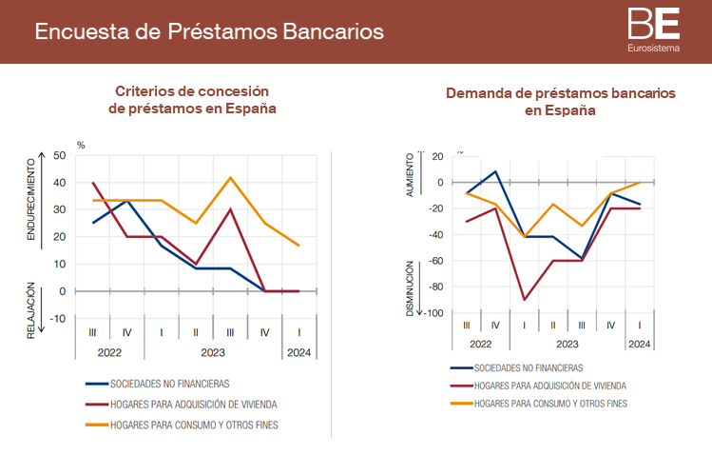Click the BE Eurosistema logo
click(x=653, y=30)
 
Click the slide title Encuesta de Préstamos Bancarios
click(x=209, y=30)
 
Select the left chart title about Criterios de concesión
click(x=192, y=100)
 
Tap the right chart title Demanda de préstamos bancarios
click(x=560, y=102)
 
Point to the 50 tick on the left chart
click(x=60, y=155)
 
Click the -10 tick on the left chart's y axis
click(x=59, y=318)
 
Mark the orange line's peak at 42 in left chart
click(x=230, y=177)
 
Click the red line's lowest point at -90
click(x=524, y=300)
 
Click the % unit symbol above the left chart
click(x=81, y=146)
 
